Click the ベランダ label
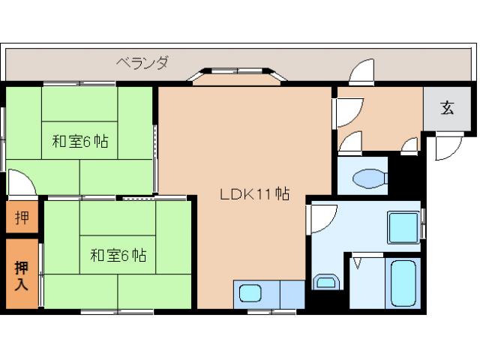142,63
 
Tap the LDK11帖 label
254,193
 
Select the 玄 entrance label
447,108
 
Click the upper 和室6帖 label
79,140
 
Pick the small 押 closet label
22,218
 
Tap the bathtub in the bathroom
403,283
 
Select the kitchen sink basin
250,292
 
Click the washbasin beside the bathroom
325,282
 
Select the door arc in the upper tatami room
20,182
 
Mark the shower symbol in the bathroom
358,263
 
